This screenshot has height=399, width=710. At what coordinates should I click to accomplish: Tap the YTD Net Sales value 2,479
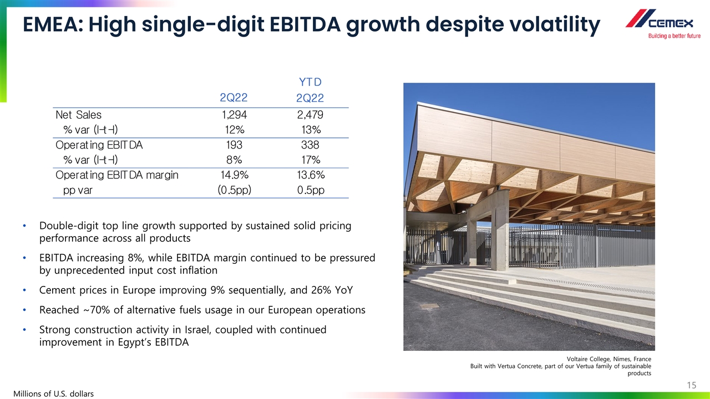310,115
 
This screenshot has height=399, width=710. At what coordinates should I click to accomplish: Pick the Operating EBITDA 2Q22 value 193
233,145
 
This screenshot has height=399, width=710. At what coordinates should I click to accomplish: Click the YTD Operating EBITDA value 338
310,145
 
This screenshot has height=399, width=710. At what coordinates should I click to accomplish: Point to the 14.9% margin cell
233,175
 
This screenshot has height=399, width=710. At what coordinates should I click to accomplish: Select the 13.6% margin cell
310,175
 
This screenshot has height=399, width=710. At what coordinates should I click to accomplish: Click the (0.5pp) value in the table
233,190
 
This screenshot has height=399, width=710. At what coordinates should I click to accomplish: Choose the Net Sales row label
79,115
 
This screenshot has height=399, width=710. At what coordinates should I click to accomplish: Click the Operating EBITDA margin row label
117,175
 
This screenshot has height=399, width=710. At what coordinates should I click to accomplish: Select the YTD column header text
310,83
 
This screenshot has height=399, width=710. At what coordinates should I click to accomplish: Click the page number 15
691,385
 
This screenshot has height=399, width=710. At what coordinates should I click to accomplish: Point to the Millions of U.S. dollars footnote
54,393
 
